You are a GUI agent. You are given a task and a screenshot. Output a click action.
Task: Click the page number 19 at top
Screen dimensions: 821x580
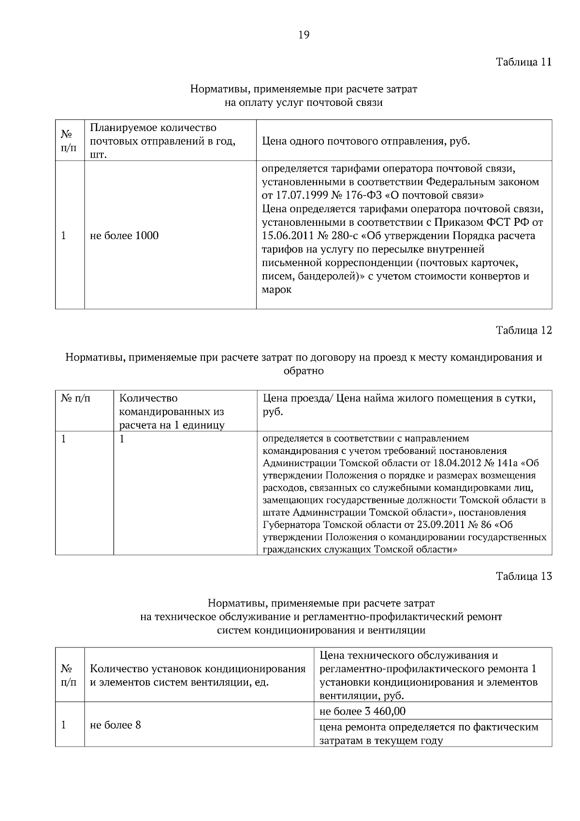tap(304, 35)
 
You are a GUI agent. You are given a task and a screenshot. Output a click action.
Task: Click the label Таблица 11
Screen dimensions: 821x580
tap(524, 62)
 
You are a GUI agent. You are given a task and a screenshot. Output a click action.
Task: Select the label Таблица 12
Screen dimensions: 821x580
tap(524, 330)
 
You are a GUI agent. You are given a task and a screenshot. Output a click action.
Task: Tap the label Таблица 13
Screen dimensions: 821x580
tap(524, 576)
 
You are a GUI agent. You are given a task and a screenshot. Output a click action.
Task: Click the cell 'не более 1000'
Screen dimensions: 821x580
tap(124, 235)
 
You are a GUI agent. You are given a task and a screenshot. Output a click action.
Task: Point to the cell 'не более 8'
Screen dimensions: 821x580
tap(116, 725)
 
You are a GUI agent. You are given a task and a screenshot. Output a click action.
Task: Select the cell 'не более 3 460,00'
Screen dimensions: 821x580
tap(362, 711)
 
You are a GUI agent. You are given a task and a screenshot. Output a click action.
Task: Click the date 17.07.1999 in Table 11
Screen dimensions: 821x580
tap(299, 196)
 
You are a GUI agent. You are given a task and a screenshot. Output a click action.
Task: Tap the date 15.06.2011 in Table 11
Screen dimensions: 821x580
tap(285, 236)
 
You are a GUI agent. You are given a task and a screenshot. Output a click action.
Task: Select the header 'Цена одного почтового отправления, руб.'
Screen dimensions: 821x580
tap(366, 142)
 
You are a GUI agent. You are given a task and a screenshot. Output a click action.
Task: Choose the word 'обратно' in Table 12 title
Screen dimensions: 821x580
tap(304, 371)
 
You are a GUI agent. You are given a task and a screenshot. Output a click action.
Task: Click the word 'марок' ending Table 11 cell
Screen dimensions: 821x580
tap(276, 291)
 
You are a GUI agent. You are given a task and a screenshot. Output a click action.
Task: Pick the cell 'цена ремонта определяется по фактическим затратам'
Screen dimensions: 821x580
tap(429, 733)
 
